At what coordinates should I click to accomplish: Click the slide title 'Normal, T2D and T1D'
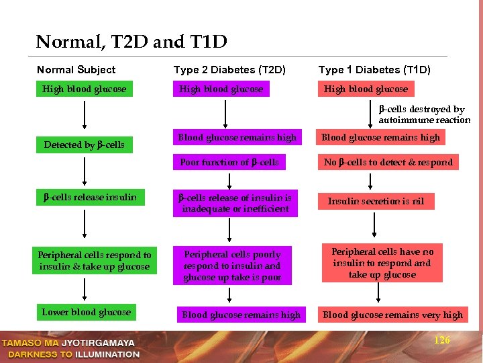coord(131,42)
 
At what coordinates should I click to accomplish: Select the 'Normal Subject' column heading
coord(76,70)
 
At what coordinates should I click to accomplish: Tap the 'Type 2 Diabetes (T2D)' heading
coord(229,70)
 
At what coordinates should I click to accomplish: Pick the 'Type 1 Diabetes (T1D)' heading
coord(374,70)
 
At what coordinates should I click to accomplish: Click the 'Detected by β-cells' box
coord(85,145)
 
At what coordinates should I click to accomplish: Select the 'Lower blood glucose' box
coord(86,312)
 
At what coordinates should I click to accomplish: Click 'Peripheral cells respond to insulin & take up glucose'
coord(95,261)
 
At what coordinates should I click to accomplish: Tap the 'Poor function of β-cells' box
coord(229,162)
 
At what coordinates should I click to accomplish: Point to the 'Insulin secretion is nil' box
coord(376,201)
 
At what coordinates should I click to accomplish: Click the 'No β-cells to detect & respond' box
coord(388,162)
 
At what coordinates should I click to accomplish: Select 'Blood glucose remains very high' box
coord(392,315)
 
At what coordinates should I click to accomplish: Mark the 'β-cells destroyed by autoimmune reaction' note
coord(421,114)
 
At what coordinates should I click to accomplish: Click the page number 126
coord(442,341)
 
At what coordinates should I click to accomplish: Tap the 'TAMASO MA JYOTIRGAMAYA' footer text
coord(70,343)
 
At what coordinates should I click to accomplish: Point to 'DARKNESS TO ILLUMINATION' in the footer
coord(70,354)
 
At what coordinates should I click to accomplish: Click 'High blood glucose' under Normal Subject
coord(84,89)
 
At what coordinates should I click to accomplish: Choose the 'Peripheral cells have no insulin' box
coord(382,263)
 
